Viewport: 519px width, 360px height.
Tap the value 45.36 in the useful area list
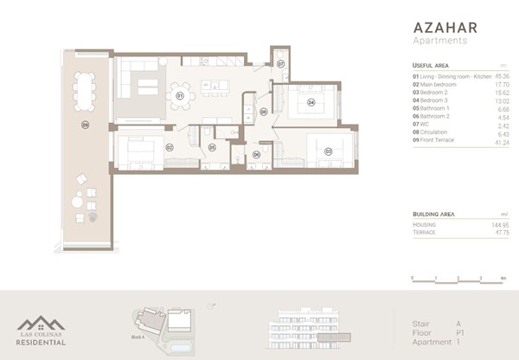(501, 76)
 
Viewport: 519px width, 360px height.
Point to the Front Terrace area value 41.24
(501, 140)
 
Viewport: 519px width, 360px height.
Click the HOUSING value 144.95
(499, 224)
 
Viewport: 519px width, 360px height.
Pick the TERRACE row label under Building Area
(425, 231)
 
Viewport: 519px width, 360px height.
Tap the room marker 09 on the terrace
(85, 125)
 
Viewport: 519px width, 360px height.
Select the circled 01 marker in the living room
(180, 96)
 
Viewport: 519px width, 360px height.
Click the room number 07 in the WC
(281, 64)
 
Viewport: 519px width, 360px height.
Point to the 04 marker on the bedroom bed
(311, 103)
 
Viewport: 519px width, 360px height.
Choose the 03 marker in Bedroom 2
(328, 151)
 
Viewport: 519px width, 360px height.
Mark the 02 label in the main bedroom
(170, 147)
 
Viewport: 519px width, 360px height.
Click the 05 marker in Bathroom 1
(212, 148)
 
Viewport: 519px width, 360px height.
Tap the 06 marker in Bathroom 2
(256, 154)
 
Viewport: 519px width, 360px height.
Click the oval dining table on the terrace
(85, 90)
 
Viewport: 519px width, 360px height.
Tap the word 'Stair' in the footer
(421, 323)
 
